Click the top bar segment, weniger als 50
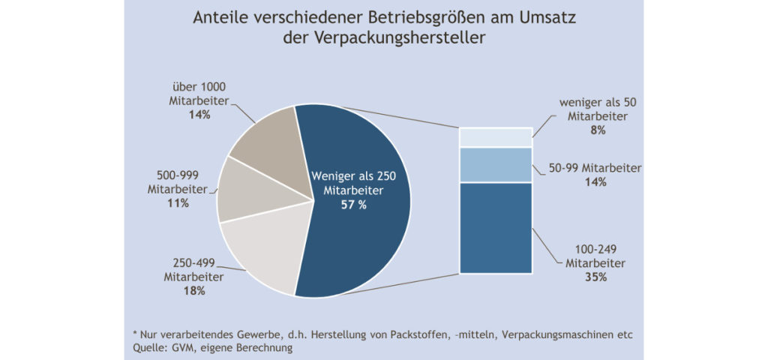[495, 137]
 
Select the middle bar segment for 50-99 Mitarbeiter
[495, 165]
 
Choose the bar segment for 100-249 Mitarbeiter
[495, 228]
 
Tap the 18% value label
[193, 290]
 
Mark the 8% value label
[598, 130]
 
